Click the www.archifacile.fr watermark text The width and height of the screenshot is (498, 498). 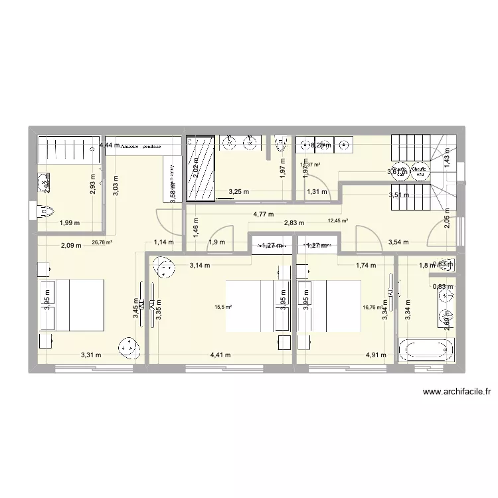(456, 392)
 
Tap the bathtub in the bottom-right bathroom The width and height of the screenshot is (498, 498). (426, 350)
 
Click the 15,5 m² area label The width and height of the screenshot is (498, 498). (222, 307)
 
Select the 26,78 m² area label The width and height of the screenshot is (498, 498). (103, 243)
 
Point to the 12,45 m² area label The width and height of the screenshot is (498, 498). (338, 222)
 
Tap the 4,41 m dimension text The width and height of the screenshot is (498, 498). (220, 355)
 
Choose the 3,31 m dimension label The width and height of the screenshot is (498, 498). (90, 355)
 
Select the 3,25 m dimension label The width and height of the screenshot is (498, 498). (239, 193)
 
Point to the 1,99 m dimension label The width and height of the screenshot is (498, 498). (70, 224)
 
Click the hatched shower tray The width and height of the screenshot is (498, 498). (199, 168)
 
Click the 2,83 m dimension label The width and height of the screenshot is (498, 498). (293, 224)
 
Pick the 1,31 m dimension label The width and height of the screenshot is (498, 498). (317, 193)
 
